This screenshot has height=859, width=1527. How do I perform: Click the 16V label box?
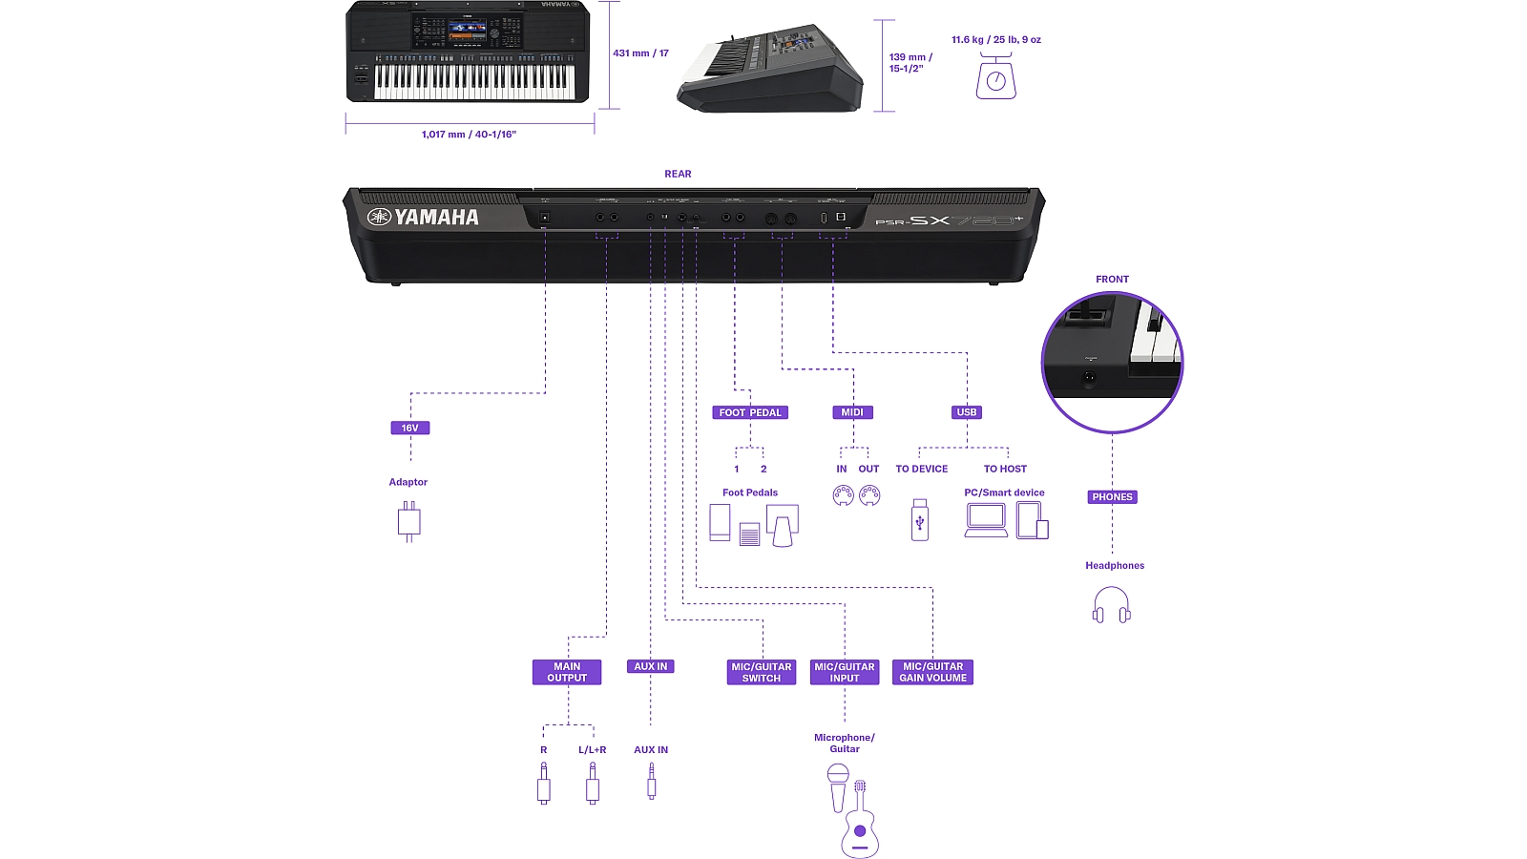410,428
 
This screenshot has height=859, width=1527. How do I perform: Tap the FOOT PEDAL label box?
750,412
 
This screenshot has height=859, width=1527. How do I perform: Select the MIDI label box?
852,412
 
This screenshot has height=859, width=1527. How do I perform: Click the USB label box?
967,412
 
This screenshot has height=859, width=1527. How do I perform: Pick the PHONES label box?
1113,497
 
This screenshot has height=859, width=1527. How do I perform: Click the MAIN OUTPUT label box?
567,672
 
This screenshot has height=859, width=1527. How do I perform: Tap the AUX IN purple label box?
651,666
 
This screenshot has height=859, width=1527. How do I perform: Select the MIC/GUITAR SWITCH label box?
762,672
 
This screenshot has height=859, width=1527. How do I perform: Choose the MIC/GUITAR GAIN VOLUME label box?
933,672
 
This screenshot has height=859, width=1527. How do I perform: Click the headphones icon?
1112,605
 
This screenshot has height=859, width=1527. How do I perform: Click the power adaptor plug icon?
408,521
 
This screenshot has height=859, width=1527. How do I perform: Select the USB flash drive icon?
920,520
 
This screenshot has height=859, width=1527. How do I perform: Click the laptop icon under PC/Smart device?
986,520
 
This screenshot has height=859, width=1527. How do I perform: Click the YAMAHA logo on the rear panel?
424,218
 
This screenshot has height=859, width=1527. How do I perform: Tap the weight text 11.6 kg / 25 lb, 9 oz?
996,40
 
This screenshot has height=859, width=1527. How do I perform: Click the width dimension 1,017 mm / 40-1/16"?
469,135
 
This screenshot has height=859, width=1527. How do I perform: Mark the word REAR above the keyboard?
678,174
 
